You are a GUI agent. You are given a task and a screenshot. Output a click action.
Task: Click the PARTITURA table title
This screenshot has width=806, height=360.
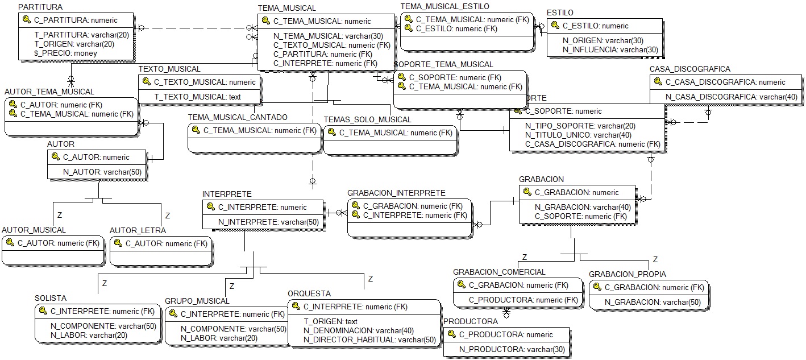click(40, 7)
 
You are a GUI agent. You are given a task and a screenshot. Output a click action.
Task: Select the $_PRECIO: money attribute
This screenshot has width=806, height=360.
click(65, 53)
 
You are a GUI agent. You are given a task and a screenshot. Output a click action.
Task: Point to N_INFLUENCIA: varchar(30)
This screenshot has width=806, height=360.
click(610, 49)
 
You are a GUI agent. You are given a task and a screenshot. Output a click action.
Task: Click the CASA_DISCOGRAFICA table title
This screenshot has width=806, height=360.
click(689, 69)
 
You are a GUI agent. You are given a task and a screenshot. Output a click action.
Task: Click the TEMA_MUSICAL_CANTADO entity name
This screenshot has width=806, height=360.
click(238, 117)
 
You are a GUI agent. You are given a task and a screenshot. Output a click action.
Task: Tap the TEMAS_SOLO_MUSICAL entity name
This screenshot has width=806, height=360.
click(367, 119)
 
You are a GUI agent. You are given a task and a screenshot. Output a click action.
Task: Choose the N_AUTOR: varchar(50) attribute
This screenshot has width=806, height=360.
click(102, 172)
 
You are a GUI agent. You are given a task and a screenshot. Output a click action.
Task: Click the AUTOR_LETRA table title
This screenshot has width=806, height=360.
click(138, 230)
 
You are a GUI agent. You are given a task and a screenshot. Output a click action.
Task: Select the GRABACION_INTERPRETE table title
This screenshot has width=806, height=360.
click(396, 193)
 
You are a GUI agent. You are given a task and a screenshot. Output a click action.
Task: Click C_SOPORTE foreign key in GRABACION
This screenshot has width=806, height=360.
click(581, 216)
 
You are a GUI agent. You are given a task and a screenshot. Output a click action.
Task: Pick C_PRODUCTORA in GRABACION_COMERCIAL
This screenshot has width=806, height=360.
click(523, 300)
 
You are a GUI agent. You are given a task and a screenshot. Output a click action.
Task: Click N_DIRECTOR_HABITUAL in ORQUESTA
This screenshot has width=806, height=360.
click(369, 340)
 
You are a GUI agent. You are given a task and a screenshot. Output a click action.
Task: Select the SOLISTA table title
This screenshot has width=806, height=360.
click(51, 298)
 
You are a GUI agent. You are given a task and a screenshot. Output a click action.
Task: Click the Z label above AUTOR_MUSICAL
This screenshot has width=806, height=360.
click(59, 216)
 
